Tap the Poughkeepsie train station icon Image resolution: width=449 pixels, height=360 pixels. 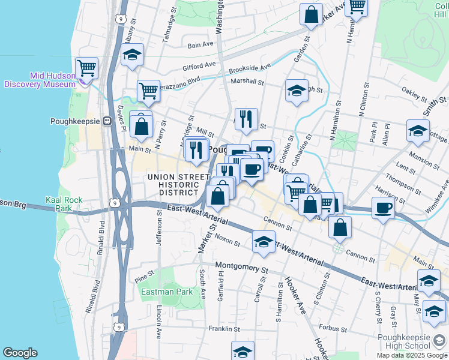pos(107,120)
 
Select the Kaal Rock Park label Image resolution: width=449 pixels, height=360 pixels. pos(59,203)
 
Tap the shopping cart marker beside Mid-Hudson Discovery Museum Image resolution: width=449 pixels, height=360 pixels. pos(86,68)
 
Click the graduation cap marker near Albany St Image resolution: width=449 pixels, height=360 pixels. pos(132,55)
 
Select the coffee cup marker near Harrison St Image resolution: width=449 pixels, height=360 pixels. pos(382,209)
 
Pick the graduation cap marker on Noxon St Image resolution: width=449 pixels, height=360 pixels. pos(263,242)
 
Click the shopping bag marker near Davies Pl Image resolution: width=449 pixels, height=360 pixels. pos(141,127)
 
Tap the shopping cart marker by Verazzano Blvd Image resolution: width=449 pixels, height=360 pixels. pos(148,91)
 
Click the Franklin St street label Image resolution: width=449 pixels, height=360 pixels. pos(224,329)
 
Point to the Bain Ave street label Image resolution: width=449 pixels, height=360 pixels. pos(200,44)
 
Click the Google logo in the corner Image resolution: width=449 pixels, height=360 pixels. pos(20,353)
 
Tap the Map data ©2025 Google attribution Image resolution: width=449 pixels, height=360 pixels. pos(411,355)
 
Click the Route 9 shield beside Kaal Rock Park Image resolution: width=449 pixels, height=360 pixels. pos(113,204)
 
